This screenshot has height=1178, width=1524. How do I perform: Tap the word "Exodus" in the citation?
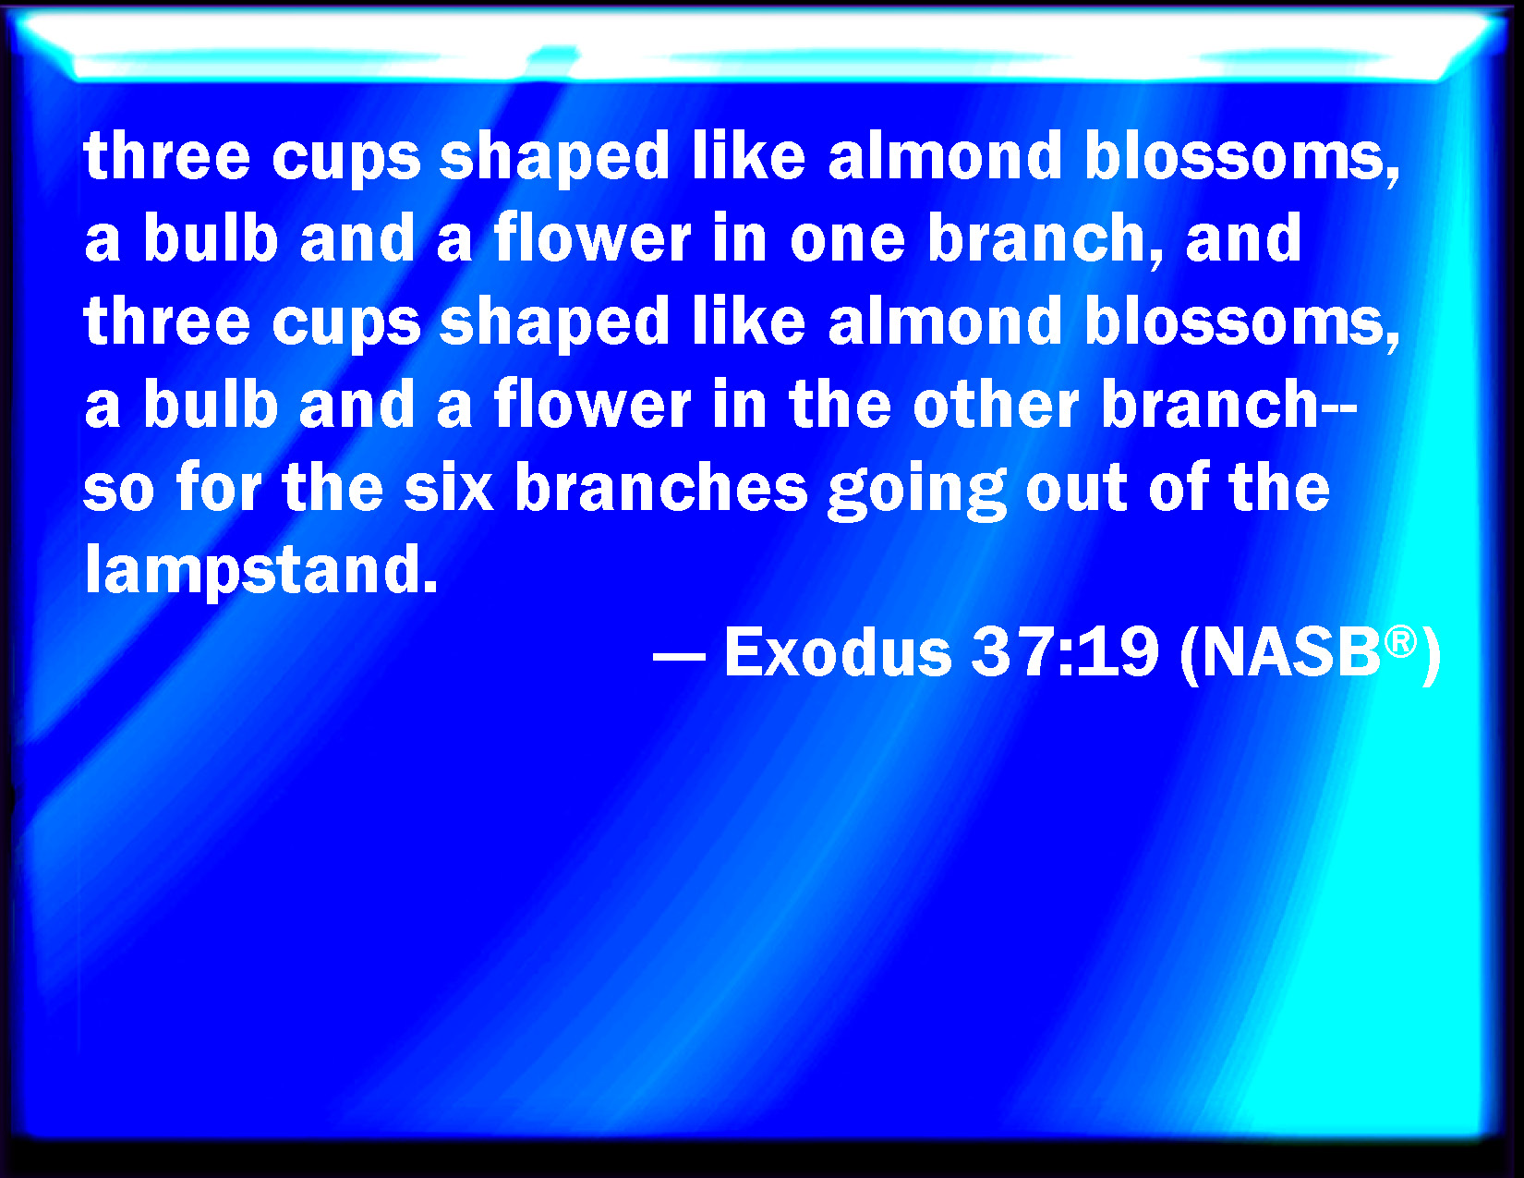[x=838, y=652]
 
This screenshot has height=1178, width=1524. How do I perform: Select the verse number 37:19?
[x=1065, y=652]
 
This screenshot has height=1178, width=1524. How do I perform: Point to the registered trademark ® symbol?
[x=1400, y=642]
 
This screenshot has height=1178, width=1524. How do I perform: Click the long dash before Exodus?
[x=679, y=657]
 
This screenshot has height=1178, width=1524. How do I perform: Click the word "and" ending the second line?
[x=1243, y=237]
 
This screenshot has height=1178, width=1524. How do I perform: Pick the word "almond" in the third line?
[x=945, y=320]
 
